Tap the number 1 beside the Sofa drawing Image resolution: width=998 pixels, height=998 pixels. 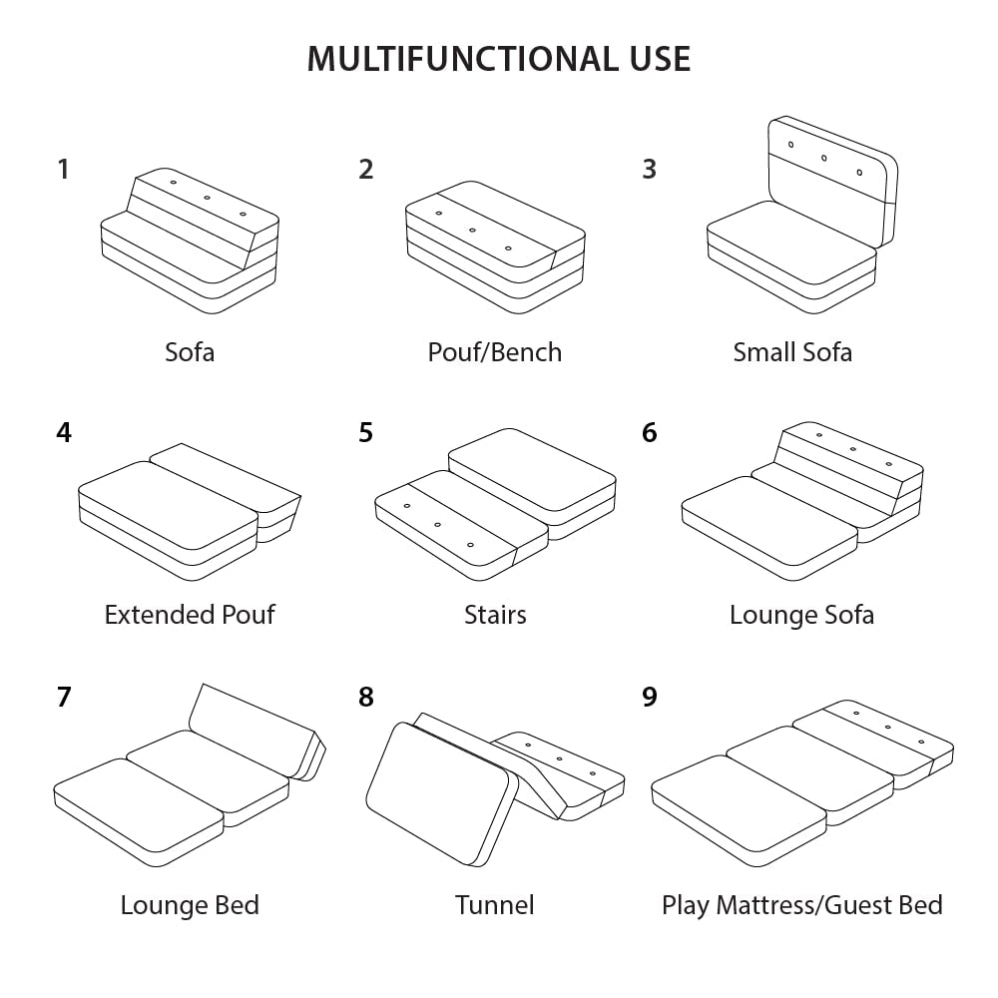[x=64, y=170]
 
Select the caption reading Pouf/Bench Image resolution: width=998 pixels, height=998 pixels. [x=495, y=352]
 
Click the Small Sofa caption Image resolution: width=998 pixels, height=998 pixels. [x=792, y=352]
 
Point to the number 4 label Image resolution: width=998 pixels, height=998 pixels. [x=64, y=434]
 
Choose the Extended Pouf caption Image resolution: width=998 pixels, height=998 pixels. [x=190, y=614]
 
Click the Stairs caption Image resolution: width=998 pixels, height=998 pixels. [x=495, y=614]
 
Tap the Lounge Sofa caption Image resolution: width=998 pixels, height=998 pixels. [x=801, y=614]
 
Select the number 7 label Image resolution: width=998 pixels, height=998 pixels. [x=64, y=697]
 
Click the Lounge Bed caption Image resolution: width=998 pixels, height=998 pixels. [x=190, y=905]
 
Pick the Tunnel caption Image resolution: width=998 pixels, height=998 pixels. [x=495, y=905]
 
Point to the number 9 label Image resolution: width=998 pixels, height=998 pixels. [x=650, y=697]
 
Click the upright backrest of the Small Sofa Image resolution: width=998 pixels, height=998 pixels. [x=828, y=180]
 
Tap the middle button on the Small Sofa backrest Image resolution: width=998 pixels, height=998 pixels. [x=824, y=158]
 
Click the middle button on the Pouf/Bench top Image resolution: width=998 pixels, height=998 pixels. [x=472, y=231]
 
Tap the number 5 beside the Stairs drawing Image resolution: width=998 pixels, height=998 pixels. [x=366, y=434]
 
